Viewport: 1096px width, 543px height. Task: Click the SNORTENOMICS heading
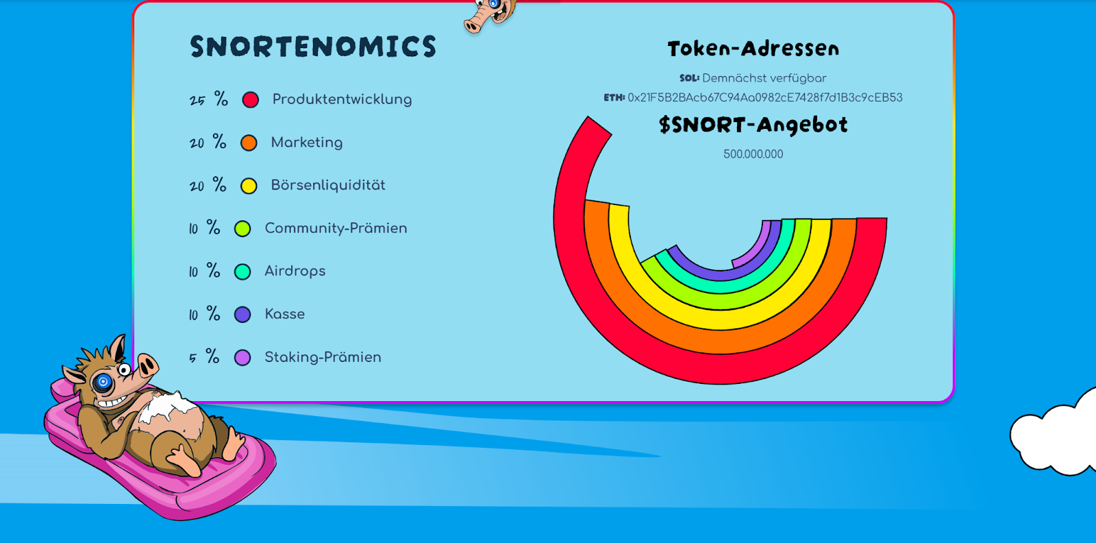(312, 47)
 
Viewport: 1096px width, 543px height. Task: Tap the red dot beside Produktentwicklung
(251, 100)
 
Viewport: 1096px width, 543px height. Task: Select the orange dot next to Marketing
(249, 143)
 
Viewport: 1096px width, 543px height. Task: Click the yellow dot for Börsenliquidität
(249, 186)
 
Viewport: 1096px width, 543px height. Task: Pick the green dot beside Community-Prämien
(242, 229)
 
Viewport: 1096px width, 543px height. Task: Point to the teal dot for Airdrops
(242, 271)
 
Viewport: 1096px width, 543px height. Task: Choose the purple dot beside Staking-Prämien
(242, 357)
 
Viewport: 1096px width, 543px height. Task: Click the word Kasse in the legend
(285, 314)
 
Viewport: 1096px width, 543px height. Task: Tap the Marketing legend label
(307, 143)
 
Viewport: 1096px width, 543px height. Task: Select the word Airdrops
(295, 271)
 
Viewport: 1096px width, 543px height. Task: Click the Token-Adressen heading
(753, 49)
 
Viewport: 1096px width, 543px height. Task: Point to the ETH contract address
(764, 98)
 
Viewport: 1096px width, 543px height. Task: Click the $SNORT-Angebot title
(753, 125)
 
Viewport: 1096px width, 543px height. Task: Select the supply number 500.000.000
(753, 154)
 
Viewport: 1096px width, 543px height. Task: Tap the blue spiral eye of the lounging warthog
(103, 381)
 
